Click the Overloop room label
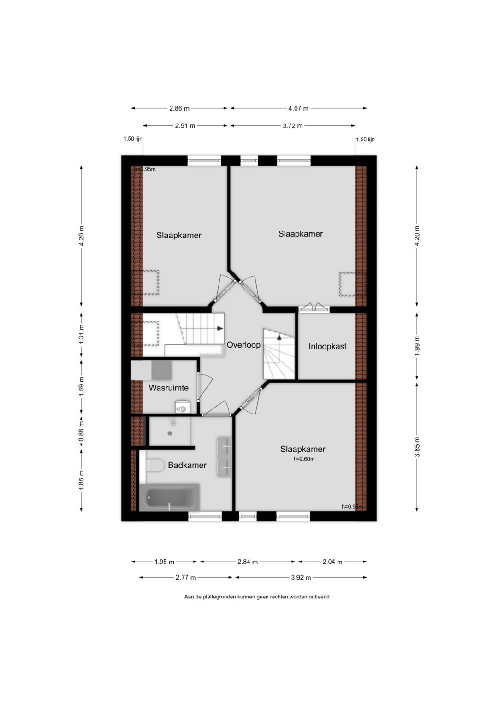point(243,345)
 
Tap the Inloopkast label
point(327,346)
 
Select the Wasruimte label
point(168,388)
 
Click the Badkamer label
point(187,466)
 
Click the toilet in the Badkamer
point(154,465)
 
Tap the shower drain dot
point(170,433)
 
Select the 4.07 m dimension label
point(298,108)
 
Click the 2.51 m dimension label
point(185,126)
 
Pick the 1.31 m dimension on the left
point(82,334)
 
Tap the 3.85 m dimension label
point(417,447)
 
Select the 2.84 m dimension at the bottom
point(248,562)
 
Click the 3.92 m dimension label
point(301,578)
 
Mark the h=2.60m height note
point(304,459)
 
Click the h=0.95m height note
point(145,169)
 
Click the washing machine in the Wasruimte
point(183,407)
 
